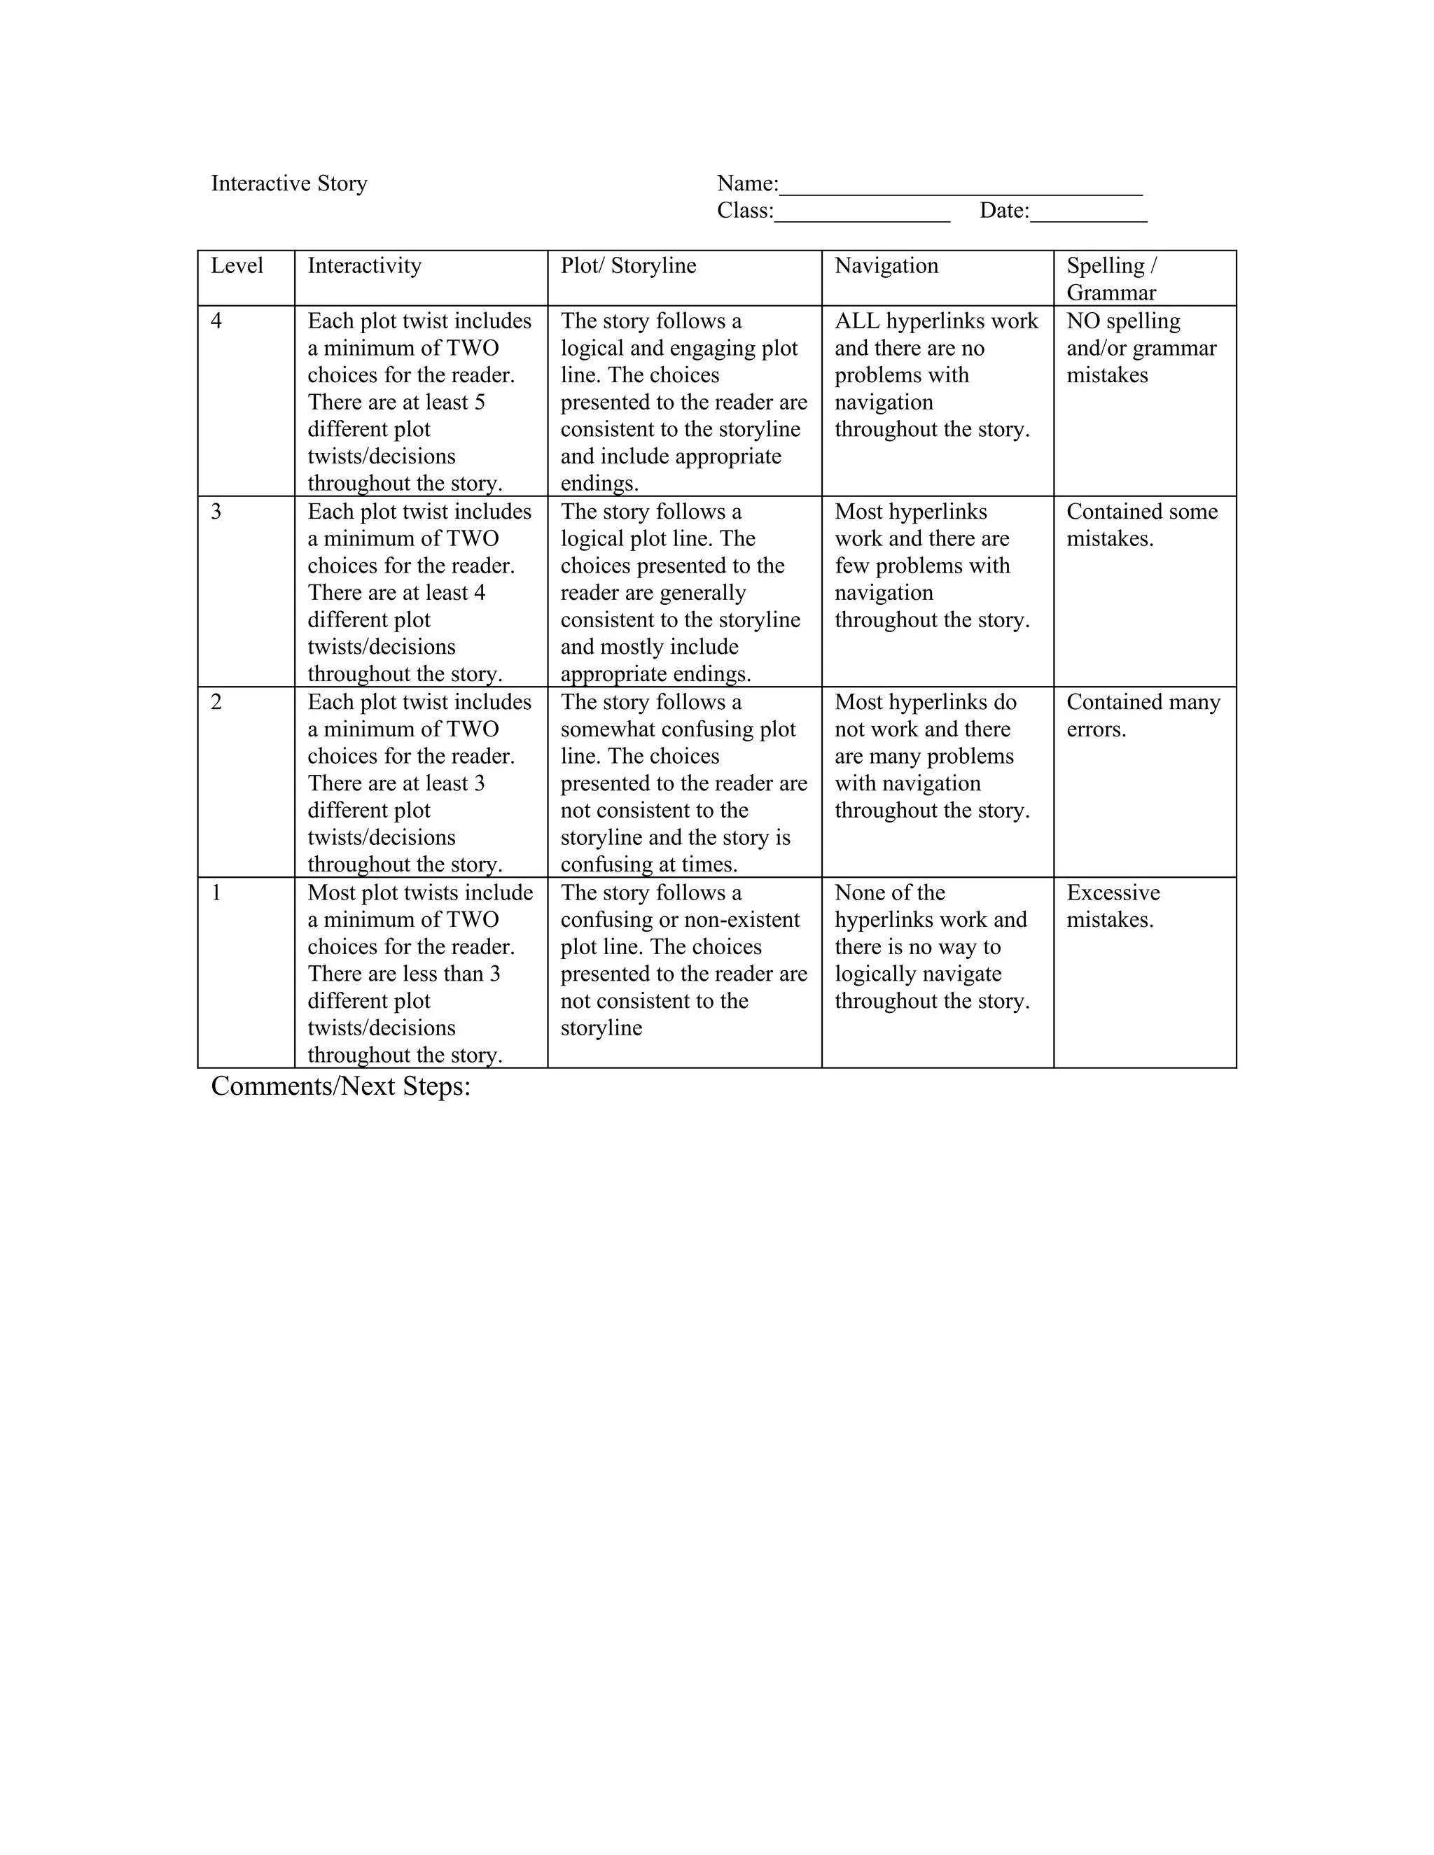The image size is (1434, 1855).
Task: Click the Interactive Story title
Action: coord(289,183)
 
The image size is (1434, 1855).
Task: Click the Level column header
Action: coord(237,266)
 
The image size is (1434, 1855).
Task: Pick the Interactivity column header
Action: coord(363,266)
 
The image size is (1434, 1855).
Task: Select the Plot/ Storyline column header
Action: coord(628,266)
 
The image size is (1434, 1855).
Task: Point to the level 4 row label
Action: coord(216,321)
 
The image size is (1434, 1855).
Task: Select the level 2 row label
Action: coord(216,702)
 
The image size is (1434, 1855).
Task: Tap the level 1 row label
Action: coord(216,892)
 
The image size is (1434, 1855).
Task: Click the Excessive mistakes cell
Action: coord(1113,906)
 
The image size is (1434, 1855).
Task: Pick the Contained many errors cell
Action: coord(1143,715)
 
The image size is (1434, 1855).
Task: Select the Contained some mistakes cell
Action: coord(1142,525)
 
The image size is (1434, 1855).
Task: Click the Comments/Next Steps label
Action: coord(341,1086)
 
